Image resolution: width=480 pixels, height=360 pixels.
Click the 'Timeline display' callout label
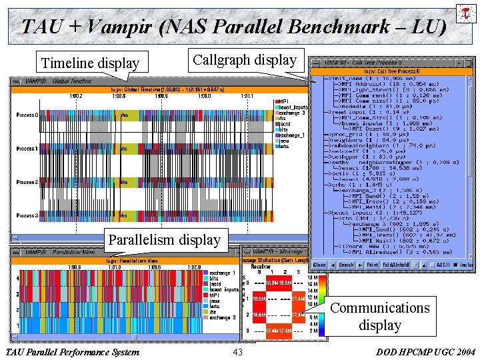90,63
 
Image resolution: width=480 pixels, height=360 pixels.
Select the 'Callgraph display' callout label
245,60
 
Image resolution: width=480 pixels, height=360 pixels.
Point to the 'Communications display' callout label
380,316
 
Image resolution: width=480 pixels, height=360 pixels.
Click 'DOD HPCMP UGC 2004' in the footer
426,352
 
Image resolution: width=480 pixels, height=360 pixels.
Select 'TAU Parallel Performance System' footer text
72,352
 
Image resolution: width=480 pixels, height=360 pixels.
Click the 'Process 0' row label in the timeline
27,115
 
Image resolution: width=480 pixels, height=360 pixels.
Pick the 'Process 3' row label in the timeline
27,215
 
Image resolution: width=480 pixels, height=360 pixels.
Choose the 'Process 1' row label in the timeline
27,149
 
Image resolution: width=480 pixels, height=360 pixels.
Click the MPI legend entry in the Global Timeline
283,101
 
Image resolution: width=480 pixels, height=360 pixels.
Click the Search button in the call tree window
346,265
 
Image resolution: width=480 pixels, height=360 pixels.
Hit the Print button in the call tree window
372,265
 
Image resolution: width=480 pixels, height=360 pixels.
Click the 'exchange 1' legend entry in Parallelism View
223,273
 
